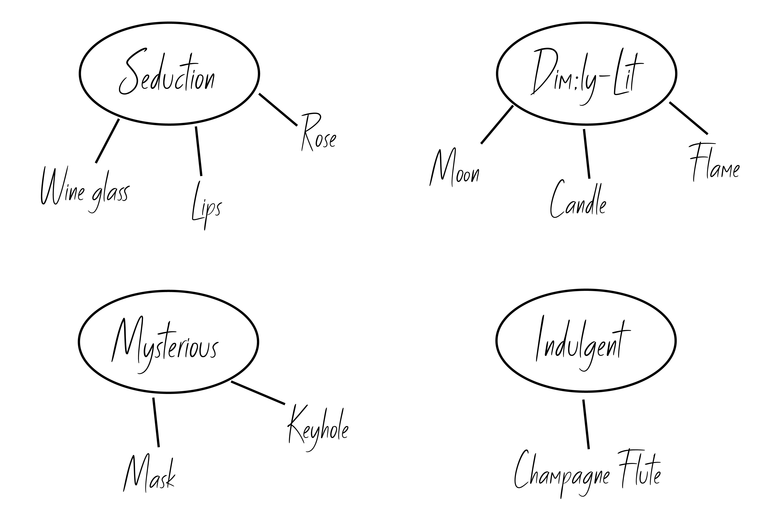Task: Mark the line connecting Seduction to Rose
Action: click(278, 110)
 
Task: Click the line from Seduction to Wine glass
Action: click(107, 141)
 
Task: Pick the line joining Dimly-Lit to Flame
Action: click(689, 118)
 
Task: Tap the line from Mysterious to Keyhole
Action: click(258, 393)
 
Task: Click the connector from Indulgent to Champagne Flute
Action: click(586, 424)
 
